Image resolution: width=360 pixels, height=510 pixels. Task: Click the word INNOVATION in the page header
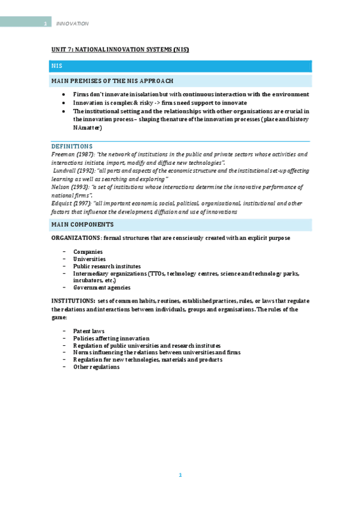(x=72, y=23)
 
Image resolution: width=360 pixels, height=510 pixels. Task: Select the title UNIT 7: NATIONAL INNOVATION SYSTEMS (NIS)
(x=120, y=49)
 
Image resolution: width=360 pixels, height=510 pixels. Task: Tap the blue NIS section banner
(x=180, y=66)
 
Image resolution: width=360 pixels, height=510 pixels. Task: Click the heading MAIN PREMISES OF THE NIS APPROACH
(x=112, y=81)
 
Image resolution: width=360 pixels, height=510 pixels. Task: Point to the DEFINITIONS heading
(x=72, y=146)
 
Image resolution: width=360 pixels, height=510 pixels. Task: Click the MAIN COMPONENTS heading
(x=82, y=224)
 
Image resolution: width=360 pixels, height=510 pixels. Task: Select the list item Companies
(x=88, y=251)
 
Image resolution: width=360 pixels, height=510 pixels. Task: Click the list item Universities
(x=89, y=259)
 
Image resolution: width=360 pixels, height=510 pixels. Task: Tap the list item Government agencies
(x=102, y=287)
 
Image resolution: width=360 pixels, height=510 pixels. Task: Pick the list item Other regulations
(x=96, y=367)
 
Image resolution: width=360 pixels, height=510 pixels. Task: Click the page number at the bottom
(x=180, y=475)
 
